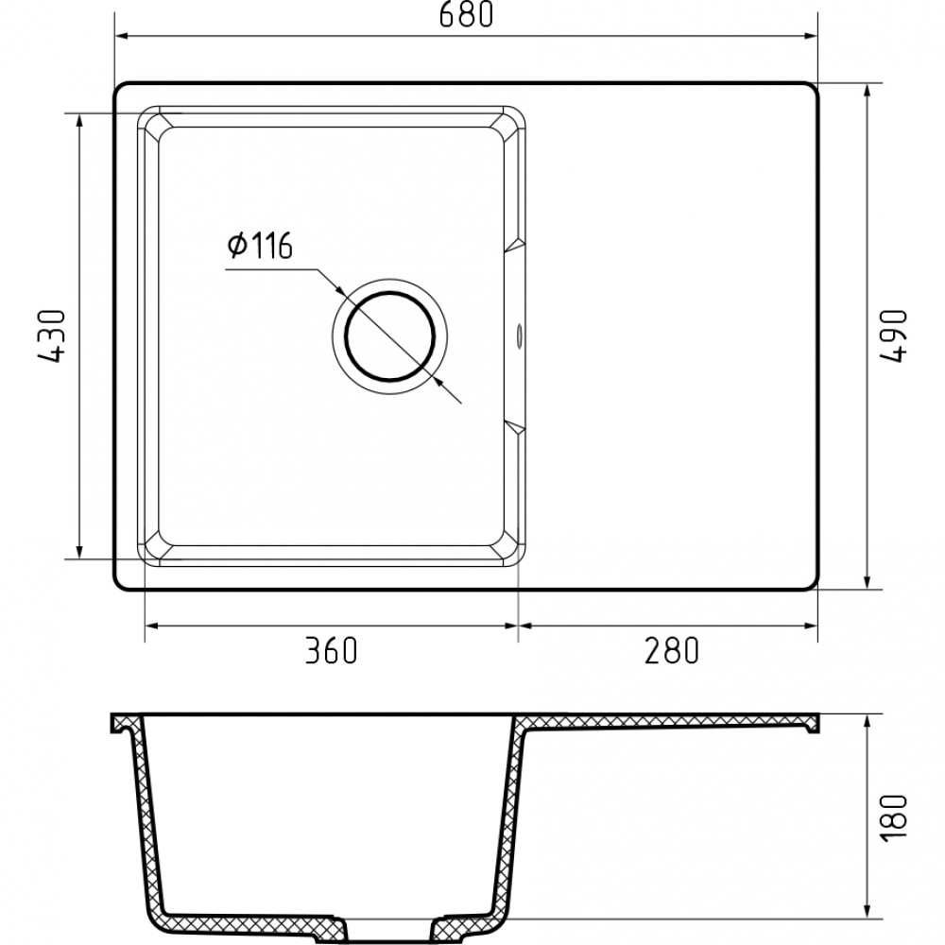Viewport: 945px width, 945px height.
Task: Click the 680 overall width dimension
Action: (x=466, y=14)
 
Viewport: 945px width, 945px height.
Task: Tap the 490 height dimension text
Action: (x=893, y=335)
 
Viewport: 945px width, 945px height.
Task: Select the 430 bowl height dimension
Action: (x=52, y=335)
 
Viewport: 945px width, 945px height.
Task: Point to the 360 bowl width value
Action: (x=331, y=650)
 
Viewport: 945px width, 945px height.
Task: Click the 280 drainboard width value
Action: (x=671, y=650)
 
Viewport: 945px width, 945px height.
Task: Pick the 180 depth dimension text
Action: (x=893, y=816)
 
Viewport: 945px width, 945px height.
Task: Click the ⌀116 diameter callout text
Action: (x=260, y=246)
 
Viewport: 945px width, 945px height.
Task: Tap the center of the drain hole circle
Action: (x=390, y=337)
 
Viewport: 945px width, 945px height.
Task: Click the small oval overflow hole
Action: (x=519, y=335)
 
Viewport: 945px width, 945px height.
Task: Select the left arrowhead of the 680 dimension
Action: (x=122, y=36)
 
